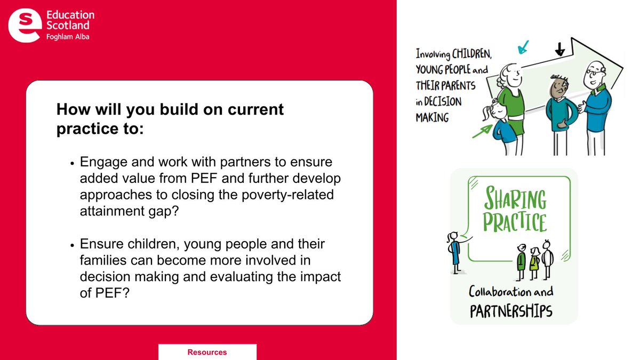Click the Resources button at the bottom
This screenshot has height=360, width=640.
tap(207, 352)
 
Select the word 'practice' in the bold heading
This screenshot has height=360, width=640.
tap(82, 129)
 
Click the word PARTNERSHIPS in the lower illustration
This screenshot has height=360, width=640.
tap(511, 311)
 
